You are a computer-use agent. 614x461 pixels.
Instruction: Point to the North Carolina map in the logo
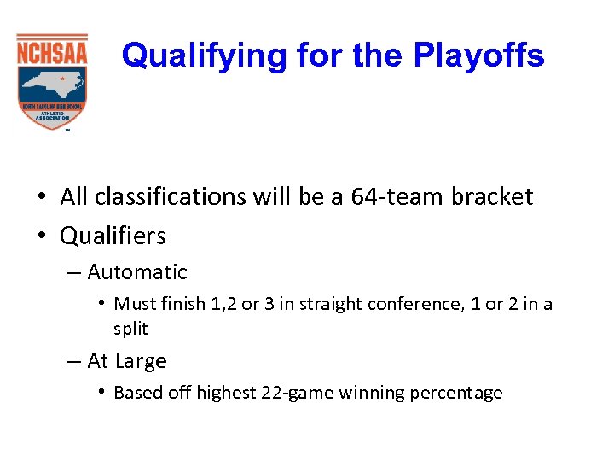pyautogui.click(x=51, y=84)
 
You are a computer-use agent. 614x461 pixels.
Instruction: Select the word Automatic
pyautogui.click(x=136, y=272)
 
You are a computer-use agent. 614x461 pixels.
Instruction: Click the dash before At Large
pyautogui.click(x=73, y=361)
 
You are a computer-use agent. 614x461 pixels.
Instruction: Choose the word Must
pyautogui.click(x=132, y=304)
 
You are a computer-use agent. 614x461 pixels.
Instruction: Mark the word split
pyautogui.click(x=130, y=329)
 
